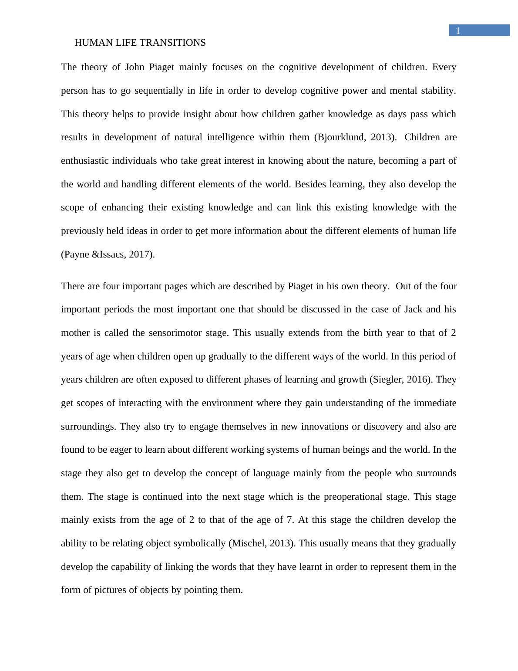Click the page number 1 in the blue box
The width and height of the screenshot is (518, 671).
coord(457,30)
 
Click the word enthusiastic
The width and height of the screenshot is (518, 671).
coord(85,161)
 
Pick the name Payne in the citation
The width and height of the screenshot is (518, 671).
coord(77,254)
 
